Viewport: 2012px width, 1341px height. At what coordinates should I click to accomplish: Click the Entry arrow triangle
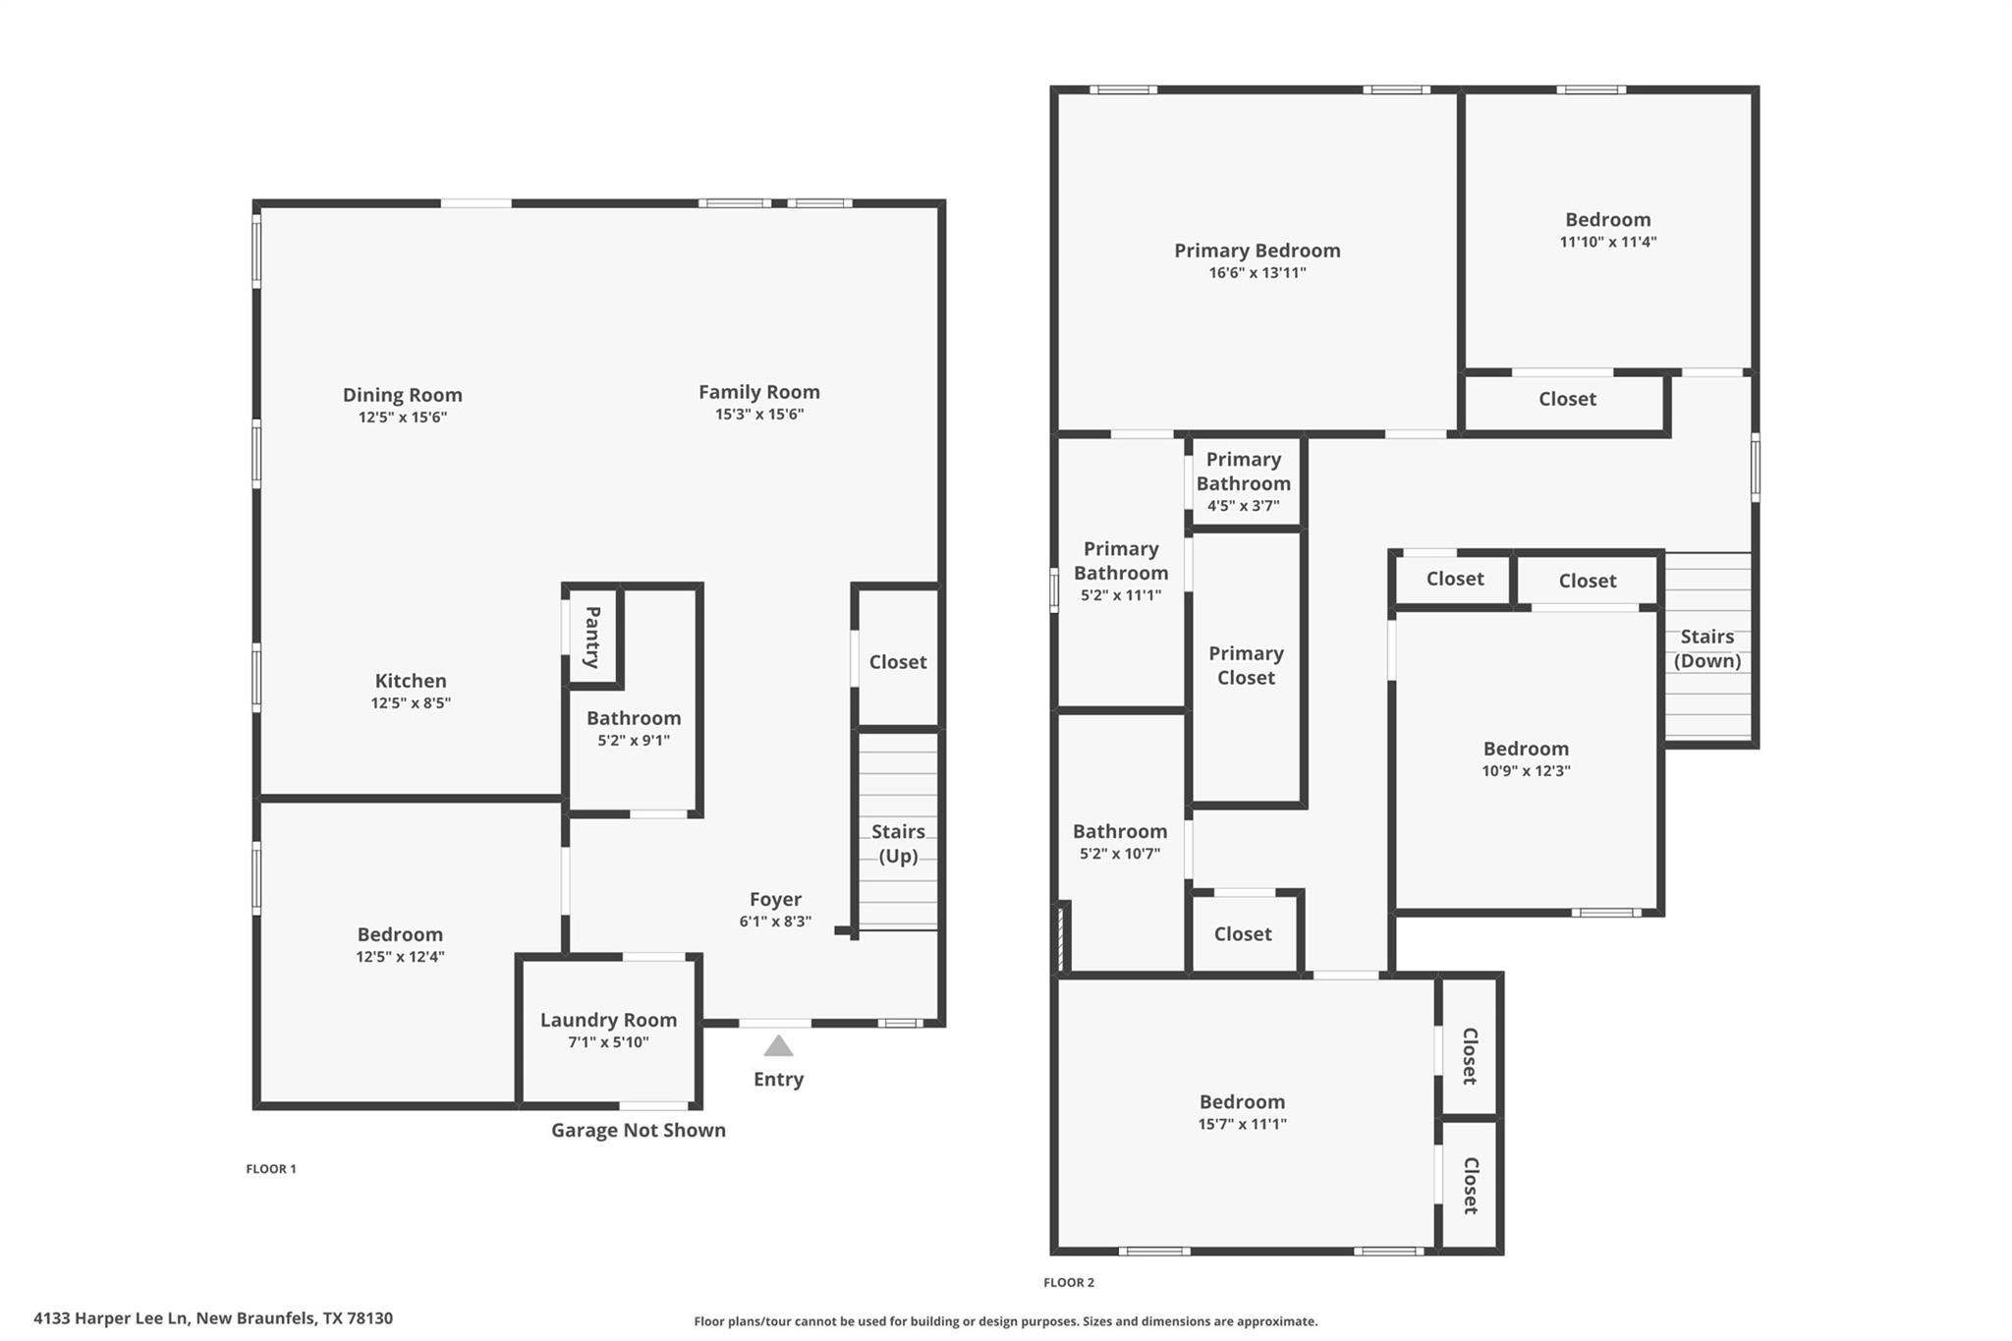[x=778, y=1045]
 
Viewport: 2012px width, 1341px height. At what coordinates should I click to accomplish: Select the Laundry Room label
[x=608, y=1020]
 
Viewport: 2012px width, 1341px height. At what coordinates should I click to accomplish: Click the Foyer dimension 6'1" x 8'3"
[x=775, y=922]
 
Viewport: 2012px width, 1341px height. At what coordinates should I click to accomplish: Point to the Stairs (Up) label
[x=898, y=843]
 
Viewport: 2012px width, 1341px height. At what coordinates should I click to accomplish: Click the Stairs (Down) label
[x=1706, y=648]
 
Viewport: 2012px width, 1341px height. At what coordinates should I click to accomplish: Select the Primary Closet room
[x=1246, y=665]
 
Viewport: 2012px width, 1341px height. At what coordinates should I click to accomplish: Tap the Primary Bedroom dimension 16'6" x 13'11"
[x=1257, y=273]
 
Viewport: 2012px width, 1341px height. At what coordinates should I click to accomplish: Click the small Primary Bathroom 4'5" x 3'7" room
[x=1244, y=481]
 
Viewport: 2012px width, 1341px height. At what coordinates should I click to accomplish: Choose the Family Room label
[x=758, y=392]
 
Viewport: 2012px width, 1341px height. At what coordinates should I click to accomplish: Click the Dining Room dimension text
[x=402, y=418]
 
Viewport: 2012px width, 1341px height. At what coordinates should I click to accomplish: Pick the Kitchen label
[x=411, y=681]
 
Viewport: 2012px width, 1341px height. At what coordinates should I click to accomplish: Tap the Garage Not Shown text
[x=638, y=1130]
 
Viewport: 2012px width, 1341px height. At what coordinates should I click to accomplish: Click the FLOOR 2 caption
[x=1068, y=1282]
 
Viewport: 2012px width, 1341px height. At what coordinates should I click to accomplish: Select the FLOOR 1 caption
[x=270, y=1168]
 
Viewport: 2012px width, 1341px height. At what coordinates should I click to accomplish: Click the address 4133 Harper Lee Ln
[x=212, y=1318]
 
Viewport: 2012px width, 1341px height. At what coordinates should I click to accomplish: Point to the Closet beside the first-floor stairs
[x=897, y=662]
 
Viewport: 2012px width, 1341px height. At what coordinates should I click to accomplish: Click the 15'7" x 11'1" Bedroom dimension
[x=1242, y=1125]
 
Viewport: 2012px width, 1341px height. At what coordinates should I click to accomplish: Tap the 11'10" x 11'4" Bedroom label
[x=1607, y=220]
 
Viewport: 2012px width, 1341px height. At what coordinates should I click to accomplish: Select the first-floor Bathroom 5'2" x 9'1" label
[x=634, y=718]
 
